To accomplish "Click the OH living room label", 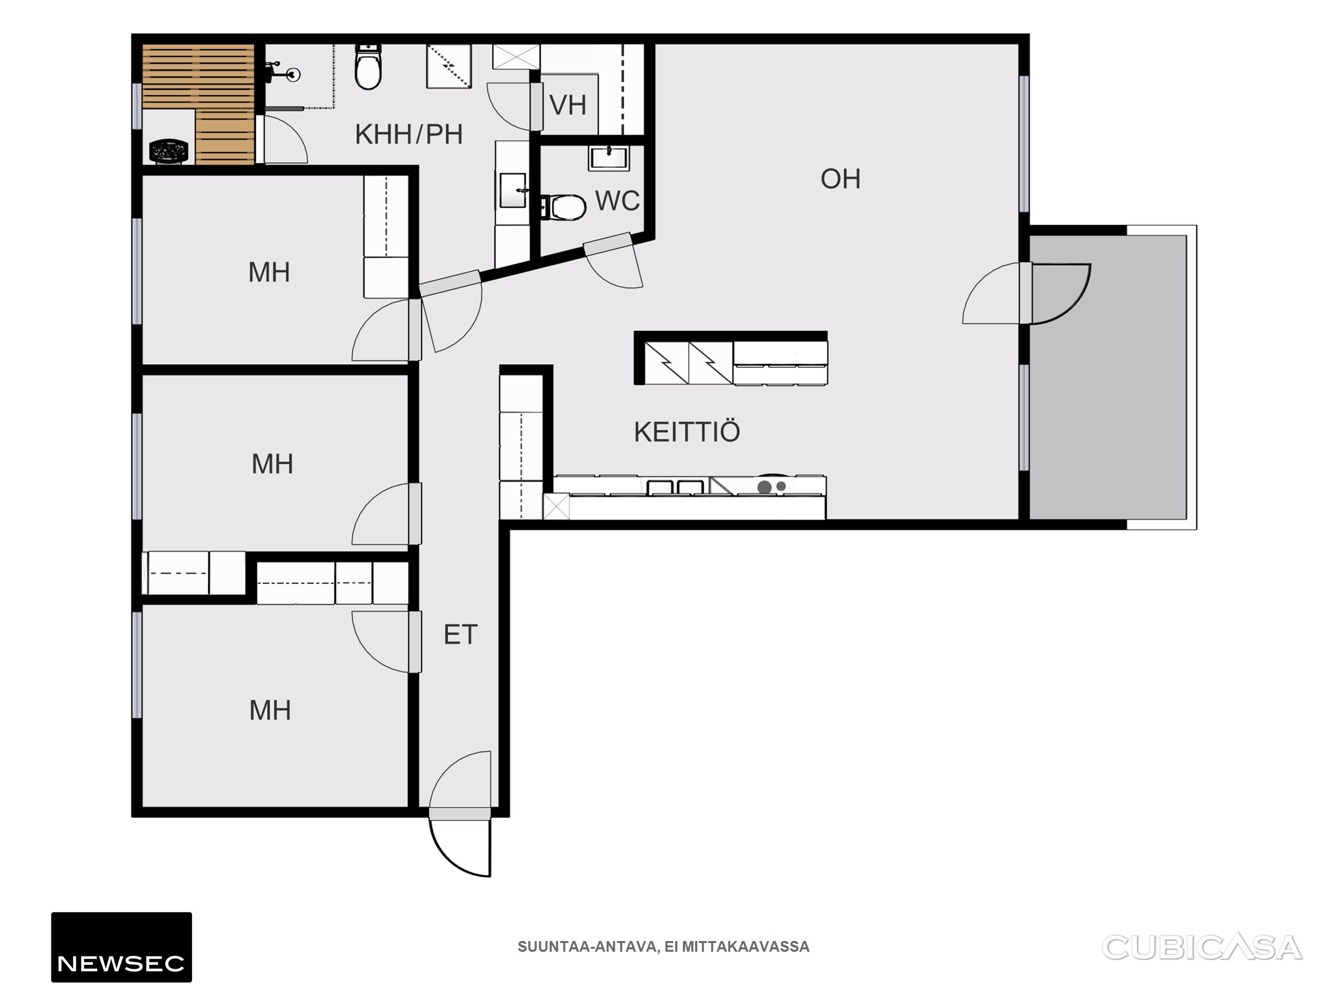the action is (840, 179).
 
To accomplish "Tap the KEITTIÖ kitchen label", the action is (687, 432).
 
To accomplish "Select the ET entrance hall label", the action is (461, 635).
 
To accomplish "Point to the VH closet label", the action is (568, 106).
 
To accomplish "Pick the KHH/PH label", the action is (409, 135).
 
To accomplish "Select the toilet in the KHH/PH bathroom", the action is (368, 67).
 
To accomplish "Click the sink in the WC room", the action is (608, 158).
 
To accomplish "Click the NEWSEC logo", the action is (121, 947).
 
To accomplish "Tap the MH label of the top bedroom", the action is (269, 272).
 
